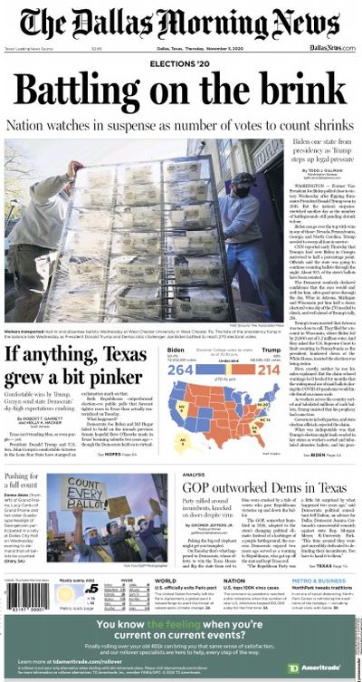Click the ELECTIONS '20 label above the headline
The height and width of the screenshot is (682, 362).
tap(181, 67)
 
